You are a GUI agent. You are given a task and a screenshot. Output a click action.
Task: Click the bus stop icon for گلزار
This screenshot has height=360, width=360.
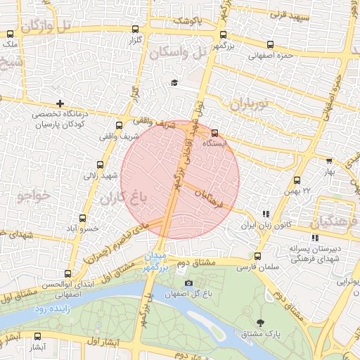point(135,29)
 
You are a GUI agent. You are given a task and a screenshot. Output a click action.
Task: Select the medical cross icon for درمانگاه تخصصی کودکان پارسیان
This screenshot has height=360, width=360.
point(60,104)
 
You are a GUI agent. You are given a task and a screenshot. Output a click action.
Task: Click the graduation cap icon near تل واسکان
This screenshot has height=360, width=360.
point(174,83)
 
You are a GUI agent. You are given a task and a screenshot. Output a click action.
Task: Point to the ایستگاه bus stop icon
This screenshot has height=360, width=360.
point(214,132)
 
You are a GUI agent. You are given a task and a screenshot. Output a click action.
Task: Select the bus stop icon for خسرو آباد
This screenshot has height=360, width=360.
point(82,219)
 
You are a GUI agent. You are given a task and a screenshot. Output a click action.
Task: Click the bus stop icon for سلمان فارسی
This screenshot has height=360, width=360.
point(257,257)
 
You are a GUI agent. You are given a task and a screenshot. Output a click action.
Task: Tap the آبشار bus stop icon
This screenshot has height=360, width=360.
point(37,336)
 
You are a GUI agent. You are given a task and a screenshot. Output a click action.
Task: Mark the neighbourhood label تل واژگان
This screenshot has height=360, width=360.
point(46,27)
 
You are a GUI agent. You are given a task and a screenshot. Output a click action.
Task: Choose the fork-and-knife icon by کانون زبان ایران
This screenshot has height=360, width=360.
point(265,214)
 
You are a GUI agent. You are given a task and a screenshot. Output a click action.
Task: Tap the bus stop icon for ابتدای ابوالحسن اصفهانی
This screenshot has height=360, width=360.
point(67,274)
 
